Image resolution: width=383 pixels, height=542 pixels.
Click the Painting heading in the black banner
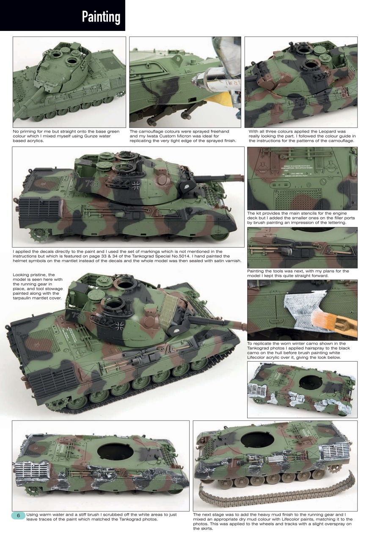click(x=101, y=17)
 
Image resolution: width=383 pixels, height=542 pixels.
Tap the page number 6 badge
click(x=19, y=515)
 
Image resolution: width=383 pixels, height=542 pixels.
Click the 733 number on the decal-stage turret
click(x=91, y=184)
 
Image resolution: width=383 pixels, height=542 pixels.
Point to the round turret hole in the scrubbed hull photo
click(x=115, y=452)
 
